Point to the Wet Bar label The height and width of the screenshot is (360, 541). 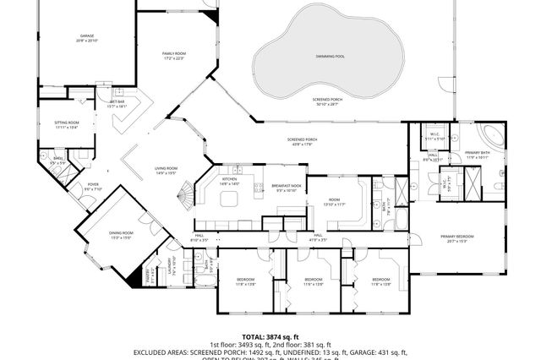117,103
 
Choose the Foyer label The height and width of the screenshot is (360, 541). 93,187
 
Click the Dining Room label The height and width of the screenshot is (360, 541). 122,235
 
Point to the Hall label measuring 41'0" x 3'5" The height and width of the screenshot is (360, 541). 318,237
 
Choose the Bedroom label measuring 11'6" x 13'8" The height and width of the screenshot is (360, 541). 313,281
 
